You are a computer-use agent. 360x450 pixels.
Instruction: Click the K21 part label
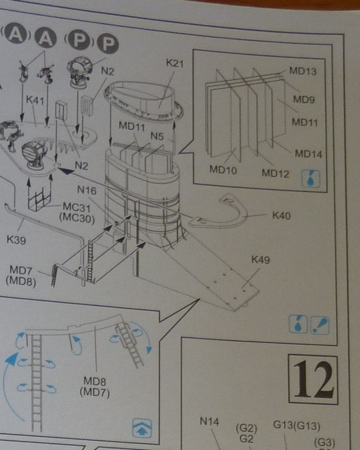(x=175, y=64)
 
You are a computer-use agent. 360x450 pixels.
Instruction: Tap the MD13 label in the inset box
(x=303, y=71)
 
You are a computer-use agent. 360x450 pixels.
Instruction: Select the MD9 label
(x=304, y=100)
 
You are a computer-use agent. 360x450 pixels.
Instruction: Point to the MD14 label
(x=309, y=153)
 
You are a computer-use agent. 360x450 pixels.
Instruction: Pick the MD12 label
(x=275, y=173)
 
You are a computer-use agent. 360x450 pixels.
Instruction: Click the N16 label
(x=87, y=191)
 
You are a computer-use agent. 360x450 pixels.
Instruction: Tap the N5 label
(x=157, y=136)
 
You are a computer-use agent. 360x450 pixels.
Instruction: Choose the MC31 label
(x=77, y=206)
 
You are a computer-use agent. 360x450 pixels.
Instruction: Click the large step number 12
(x=313, y=380)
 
